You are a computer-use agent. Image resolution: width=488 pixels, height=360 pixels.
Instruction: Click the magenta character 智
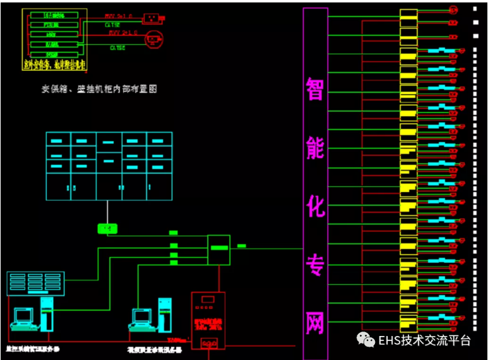pyautogui.click(x=315, y=89)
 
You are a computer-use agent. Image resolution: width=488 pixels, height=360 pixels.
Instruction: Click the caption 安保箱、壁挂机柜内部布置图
pyautogui.click(x=99, y=89)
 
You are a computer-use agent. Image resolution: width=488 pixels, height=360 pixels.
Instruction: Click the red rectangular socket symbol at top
pyautogui.click(x=152, y=17)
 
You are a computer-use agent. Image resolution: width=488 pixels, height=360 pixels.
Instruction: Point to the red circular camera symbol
pyautogui.click(x=154, y=39)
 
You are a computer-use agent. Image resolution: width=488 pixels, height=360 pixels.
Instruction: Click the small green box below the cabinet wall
pyautogui.click(x=107, y=228)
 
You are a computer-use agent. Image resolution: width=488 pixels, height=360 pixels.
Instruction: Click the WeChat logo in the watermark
pyautogui.click(x=366, y=340)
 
